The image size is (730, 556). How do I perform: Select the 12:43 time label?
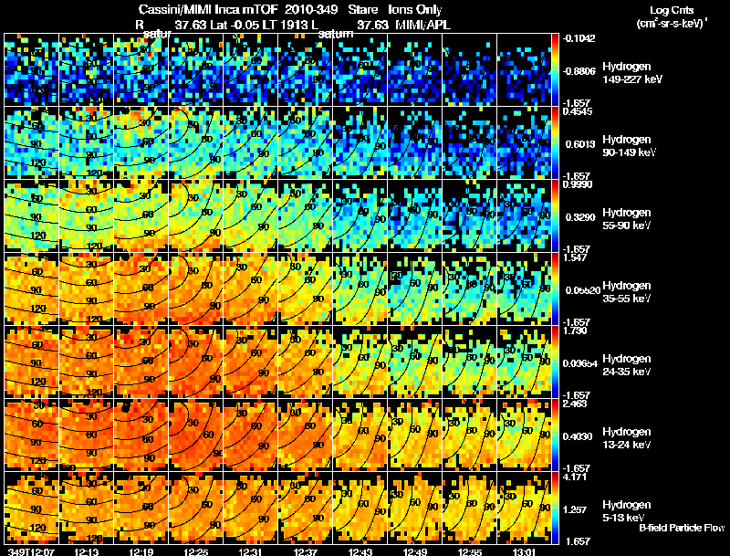click(x=361, y=551)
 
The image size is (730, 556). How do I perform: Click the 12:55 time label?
click(x=472, y=551)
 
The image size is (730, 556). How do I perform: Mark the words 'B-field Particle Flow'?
click(x=682, y=528)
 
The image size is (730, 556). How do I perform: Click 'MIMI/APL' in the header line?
click(x=425, y=25)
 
